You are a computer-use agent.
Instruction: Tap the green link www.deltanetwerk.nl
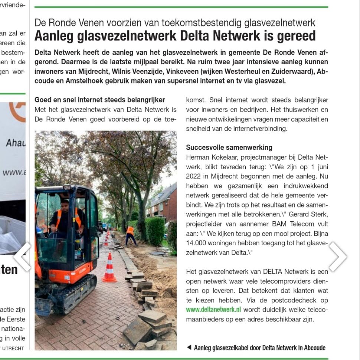(x=213, y=309)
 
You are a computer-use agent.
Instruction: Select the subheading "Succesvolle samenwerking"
(x=229, y=148)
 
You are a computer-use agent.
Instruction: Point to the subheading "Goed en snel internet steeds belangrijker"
(x=99, y=100)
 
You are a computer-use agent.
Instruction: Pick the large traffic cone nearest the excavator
(x=109, y=268)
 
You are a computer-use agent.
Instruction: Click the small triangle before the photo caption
(x=189, y=348)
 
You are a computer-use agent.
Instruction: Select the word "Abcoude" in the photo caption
(x=314, y=348)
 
